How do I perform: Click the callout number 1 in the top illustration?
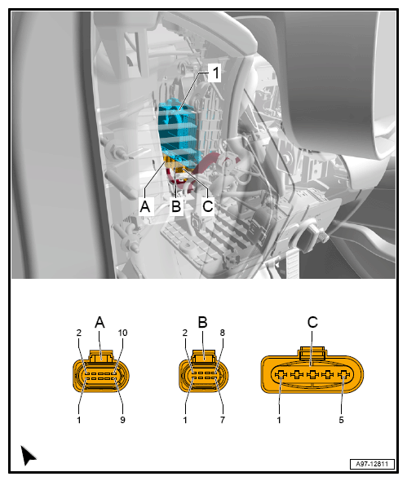[x=216, y=73]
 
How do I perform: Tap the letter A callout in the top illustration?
[x=145, y=205]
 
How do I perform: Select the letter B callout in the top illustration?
[x=176, y=205]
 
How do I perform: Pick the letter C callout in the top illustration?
[x=208, y=205]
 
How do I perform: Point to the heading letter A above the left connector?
[x=100, y=322]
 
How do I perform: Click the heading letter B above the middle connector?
[x=202, y=322]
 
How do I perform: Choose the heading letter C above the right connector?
[x=312, y=322]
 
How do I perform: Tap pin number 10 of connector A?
[x=122, y=333]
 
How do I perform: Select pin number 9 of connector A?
[x=122, y=420]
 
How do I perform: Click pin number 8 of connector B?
[x=222, y=333]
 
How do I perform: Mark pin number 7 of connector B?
[x=223, y=420]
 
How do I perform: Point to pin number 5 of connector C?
[x=341, y=420]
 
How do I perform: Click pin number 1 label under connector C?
[x=279, y=420]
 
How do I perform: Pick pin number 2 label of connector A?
[x=79, y=333]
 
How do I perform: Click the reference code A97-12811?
[x=372, y=464]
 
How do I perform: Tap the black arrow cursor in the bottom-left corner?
[x=28, y=455]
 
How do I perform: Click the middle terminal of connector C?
[x=312, y=374]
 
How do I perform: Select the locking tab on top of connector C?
[x=312, y=353]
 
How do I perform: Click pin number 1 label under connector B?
[x=185, y=420]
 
